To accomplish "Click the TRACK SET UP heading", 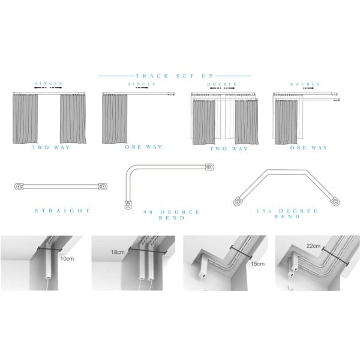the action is click(174, 76).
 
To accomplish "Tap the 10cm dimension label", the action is click(67, 259).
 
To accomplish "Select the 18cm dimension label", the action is click(118, 252).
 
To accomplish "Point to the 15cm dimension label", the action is click(257, 263).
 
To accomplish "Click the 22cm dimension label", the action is click(313, 246).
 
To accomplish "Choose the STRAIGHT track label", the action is click(62, 211).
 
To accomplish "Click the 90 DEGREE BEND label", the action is click(172, 215).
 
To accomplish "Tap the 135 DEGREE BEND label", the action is click(287, 214).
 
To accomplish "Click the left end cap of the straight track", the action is click(19, 187).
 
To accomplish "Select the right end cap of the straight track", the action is click(103, 186).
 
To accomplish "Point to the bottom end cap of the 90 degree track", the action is click(128, 205).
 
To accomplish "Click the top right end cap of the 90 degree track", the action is click(210, 167).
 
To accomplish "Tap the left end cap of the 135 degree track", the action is click(238, 202).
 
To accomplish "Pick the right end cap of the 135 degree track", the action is click(335, 201).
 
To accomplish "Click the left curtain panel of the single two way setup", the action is click(25, 119).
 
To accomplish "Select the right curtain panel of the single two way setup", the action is click(73, 119).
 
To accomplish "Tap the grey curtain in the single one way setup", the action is click(115, 119).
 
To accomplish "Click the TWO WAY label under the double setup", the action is click(229, 149).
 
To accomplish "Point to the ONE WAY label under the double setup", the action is click(309, 148).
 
